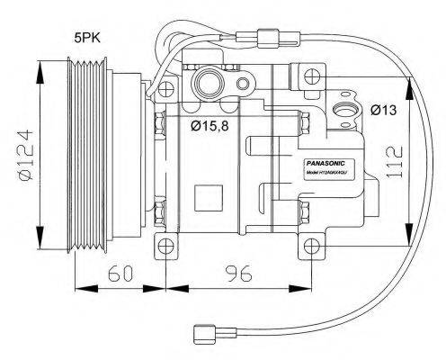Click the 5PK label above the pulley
[87, 38]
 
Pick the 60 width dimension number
[119, 273]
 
